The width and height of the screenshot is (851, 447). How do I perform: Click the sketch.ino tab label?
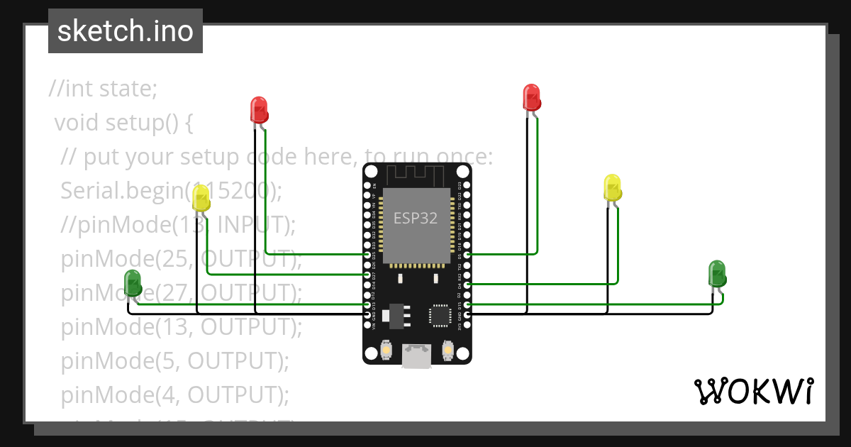click(126, 31)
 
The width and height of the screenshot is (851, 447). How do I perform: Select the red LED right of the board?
click(531, 97)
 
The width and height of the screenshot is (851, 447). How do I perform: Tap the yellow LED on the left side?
click(201, 198)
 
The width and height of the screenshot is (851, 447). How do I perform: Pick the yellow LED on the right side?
click(612, 188)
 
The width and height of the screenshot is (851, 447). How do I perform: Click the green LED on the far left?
click(133, 283)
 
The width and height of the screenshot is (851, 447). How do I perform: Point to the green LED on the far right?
click(717, 274)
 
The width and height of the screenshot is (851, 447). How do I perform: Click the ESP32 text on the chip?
click(416, 218)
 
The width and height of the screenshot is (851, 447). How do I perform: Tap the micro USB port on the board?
click(416, 356)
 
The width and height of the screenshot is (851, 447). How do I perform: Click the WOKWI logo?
click(753, 391)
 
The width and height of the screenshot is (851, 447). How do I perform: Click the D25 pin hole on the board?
click(367, 253)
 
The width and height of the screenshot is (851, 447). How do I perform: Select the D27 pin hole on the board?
click(367, 273)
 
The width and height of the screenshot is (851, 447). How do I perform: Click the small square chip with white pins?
click(439, 314)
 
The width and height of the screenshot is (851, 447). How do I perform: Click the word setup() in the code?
click(141, 123)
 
